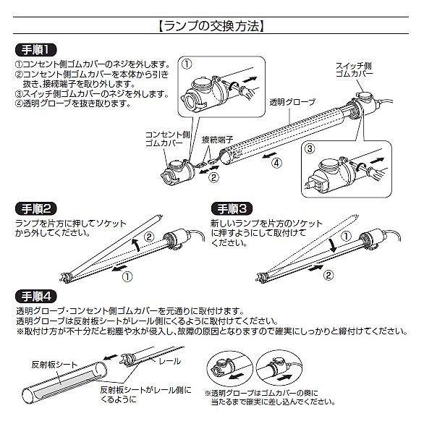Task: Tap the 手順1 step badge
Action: (35, 51)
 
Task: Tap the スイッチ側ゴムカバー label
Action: (355, 70)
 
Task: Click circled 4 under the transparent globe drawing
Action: (277, 163)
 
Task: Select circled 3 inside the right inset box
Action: (310, 150)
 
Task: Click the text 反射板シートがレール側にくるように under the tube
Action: (145, 395)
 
